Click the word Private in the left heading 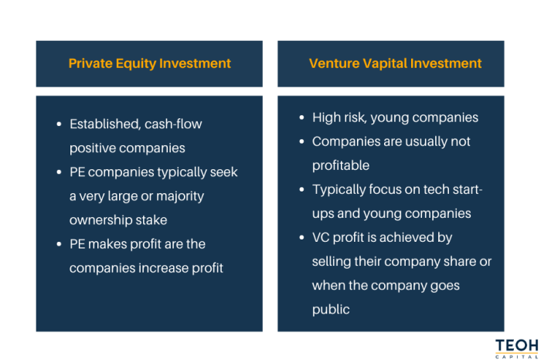pyautogui.click(x=90, y=63)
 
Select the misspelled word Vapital pyautogui.click(x=379, y=63)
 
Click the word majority pyautogui.click(x=179, y=195)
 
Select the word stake pyautogui.click(x=151, y=219)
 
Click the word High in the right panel pyautogui.click(x=326, y=117)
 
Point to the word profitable pyautogui.click(x=342, y=165)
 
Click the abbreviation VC pyautogui.click(x=322, y=238)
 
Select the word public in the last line pyautogui.click(x=330, y=310)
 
